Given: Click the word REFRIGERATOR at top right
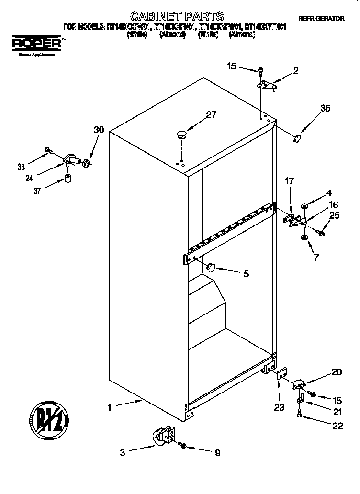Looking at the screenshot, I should [321, 18].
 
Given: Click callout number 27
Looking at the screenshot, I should [211, 114].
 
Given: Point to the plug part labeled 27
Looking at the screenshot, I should [181, 134].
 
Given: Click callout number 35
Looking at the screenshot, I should [325, 108].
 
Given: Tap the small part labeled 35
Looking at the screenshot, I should [297, 138].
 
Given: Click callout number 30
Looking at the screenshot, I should [99, 130].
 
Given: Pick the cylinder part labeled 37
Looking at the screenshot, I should [68, 180].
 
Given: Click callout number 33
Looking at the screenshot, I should [21, 167].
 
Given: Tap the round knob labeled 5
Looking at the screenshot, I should [211, 267].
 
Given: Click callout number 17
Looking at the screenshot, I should [289, 181].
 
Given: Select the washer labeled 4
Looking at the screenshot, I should [304, 206].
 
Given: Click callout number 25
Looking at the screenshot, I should [334, 215].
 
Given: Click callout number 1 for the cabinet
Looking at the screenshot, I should [109, 407].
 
